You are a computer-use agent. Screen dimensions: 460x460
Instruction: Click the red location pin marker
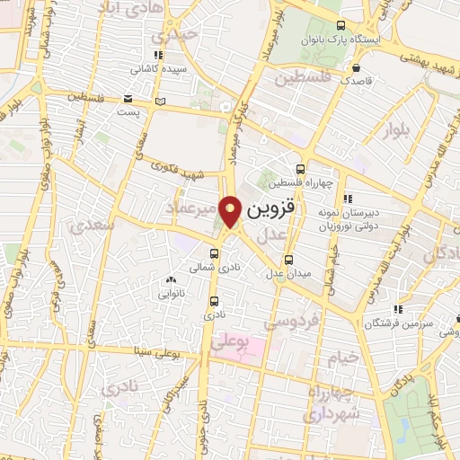pyautogui.click(x=231, y=211)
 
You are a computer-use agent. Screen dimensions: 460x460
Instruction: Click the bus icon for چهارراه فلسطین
pyautogui.click(x=300, y=169)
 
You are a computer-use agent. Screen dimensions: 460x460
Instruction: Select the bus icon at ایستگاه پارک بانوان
pyautogui.click(x=339, y=26)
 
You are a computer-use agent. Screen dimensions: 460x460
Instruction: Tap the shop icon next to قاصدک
pyautogui.click(x=358, y=67)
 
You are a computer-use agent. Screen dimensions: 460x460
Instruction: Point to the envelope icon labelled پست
pyautogui.click(x=129, y=98)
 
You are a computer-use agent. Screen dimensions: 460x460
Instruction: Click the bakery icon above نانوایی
pyautogui.click(x=171, y=280)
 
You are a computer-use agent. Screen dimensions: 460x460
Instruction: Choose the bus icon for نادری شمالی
pyautogui.click(x=215, y=252)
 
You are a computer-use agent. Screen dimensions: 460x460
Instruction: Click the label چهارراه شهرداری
pyautogui.click(x=334, y=403)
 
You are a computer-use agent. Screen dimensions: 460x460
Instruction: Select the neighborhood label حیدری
pyautogui.click(x=173, y=36)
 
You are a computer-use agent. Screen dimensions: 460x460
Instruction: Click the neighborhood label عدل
pyautogui.click(x=273, y=234)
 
